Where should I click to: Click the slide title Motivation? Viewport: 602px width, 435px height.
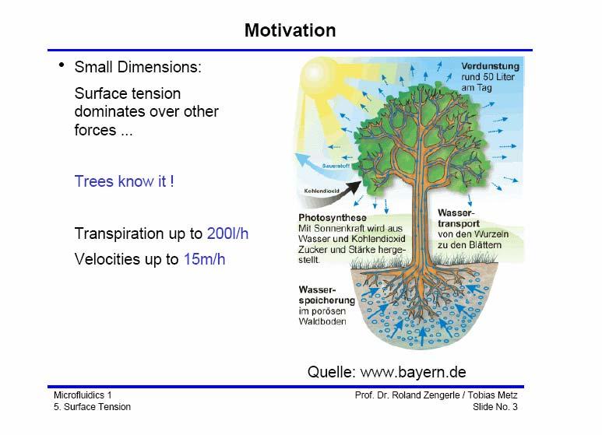click(290, 30)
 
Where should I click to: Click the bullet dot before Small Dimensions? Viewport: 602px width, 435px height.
click(62, 65)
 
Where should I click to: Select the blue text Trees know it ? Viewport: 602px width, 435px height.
click(124, 181)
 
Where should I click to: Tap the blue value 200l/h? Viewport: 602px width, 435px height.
click(227, 233)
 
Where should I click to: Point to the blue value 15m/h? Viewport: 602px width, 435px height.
click(204, 259)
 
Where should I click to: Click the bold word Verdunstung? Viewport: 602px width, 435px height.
click(491, 66)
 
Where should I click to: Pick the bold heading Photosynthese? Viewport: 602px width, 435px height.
click(333, 218)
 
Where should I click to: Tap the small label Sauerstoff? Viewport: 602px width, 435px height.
click(336, 166)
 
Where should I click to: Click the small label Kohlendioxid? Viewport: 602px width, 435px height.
click(322, 191)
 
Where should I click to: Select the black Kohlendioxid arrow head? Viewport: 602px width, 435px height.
click(354, 187)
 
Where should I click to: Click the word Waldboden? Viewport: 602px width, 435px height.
click(322, 321)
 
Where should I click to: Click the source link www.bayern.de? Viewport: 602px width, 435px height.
click(413, 372)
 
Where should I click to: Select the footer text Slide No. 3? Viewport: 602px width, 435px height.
click(495, 407)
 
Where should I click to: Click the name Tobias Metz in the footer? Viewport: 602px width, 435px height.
click(492, 395)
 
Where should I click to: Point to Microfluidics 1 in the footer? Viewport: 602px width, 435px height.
click(83, 395)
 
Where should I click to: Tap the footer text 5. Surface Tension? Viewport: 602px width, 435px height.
click(92, 407)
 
